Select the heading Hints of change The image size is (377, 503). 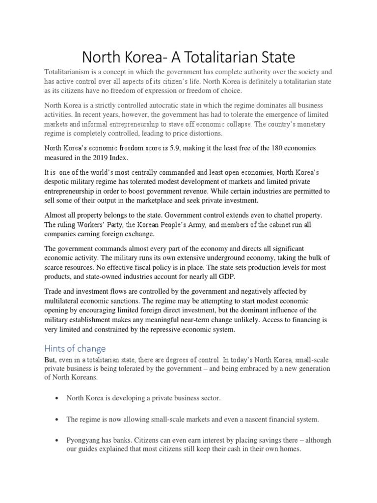[75, 349]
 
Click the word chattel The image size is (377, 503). [276, 215]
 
